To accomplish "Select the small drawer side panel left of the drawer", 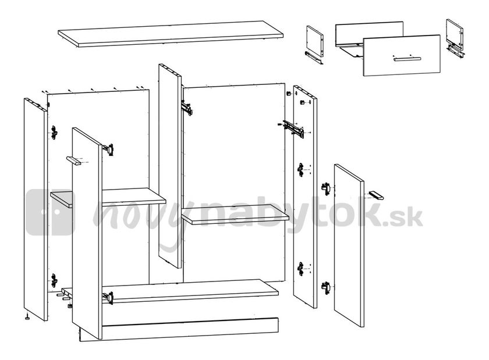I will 315,41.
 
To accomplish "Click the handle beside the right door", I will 375,195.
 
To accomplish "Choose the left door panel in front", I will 87,233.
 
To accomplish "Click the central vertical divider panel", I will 170,163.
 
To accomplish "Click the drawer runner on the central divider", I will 186,108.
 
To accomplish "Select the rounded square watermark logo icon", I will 51,212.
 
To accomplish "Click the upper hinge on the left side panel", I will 54,132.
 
